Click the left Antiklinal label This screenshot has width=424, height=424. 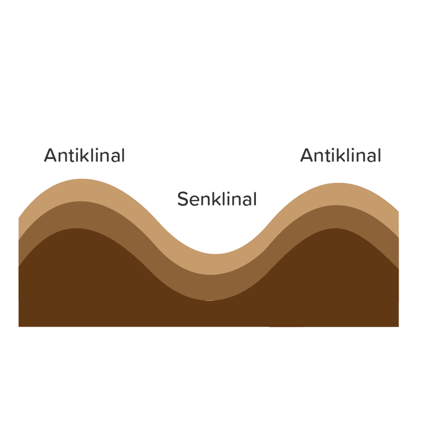[x=84, y=156]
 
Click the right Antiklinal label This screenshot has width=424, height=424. [x=340, y=156]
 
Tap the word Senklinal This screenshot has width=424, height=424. [x=217, y=199]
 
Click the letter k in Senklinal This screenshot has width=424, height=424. [x=214, y=199]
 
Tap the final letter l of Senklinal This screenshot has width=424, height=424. [x=254, y=199]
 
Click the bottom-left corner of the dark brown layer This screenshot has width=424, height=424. [x=19, y=325]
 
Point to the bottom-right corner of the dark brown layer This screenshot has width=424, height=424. [x=398, y=325]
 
